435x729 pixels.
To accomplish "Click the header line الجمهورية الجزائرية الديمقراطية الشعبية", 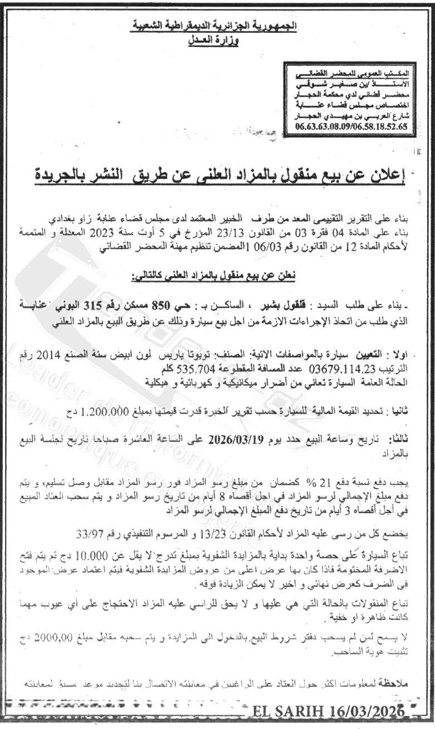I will [217, 26].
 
